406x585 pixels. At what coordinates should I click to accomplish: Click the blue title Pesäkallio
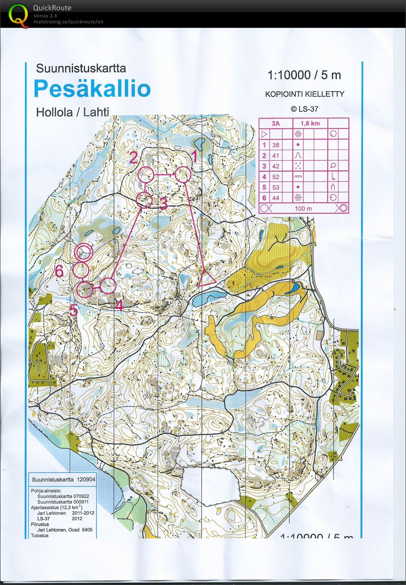click(92, 89)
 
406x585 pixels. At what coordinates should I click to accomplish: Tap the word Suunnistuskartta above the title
click(81, 68)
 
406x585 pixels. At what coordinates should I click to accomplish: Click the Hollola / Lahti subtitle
click(72, 112)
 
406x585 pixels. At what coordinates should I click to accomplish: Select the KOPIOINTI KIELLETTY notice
click(304, 94)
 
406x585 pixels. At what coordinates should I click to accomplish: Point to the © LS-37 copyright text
click(304, 109)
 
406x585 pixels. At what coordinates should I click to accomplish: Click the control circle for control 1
click(183, 175)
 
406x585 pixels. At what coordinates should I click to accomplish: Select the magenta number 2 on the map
click(133, 158)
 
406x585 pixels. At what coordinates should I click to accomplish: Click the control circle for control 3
click(145, 200)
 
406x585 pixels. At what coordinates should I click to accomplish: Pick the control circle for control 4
click(108, 286)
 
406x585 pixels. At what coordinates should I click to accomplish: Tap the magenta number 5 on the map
click(74, 310)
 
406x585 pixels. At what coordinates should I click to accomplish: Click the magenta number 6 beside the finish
click(59, 271)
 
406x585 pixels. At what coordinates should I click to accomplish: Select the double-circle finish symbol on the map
click(83, 252)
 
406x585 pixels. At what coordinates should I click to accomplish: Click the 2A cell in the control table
click(275, 123)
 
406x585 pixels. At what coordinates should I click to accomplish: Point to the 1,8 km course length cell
click(310, 123)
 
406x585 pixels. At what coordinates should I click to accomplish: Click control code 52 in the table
click(276, 177)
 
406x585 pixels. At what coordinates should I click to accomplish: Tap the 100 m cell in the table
click(303, 208)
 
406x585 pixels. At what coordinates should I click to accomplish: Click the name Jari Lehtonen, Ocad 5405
click(64, 530)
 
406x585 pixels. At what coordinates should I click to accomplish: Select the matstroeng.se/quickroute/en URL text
click(68, 22)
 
